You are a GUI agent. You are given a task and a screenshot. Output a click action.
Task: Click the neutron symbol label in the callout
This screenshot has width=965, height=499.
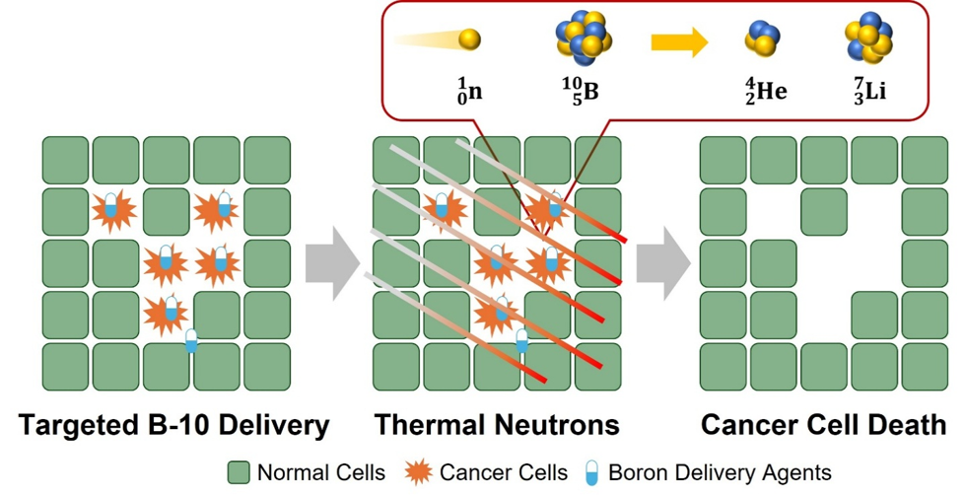(x=468, y=93)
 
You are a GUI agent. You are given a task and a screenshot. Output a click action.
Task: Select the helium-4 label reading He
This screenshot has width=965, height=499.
(x=765, y=93)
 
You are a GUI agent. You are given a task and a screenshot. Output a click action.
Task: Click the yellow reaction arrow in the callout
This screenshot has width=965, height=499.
(x=678, y=42)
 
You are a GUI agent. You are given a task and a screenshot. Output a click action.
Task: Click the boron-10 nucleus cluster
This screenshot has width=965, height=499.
(x=583, y=37)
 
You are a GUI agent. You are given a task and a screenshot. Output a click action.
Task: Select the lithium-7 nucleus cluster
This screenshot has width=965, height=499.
(x=868, y=37)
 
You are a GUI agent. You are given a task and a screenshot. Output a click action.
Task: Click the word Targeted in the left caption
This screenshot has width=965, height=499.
(x=73, y=425)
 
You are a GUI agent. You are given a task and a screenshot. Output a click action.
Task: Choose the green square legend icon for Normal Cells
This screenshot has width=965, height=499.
(x=239, y=473)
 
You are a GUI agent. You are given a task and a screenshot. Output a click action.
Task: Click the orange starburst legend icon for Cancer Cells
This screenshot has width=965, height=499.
(x=418, y=473)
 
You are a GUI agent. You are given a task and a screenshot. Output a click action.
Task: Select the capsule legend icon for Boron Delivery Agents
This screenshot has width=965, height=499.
(x=591, y=473)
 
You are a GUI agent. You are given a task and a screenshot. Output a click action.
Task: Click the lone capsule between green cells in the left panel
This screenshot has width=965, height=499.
(x=191, y=341)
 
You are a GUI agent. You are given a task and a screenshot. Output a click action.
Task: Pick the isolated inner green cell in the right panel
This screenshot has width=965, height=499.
(x=823, y=211)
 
